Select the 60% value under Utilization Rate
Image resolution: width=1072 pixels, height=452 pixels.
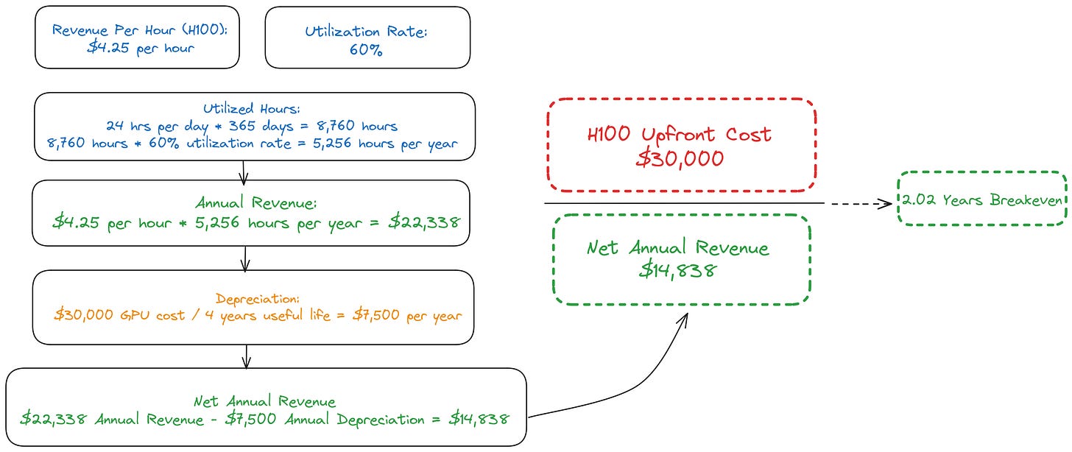(367, 52)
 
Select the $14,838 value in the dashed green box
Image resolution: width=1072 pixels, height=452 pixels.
(677, 270)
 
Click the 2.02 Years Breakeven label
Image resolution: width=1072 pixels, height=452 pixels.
(982, 200)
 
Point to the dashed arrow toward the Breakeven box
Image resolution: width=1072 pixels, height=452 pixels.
(858, 202)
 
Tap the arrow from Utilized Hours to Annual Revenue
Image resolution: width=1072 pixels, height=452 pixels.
(244, 170)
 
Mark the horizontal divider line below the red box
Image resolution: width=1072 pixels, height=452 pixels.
(685, 202)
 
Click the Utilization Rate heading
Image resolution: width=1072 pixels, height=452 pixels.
(367, 31)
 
